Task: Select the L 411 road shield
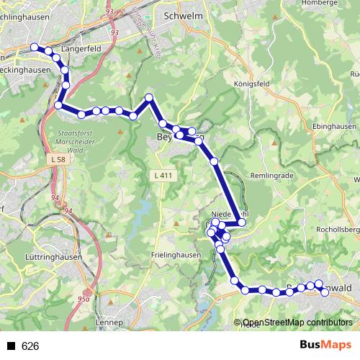[x=163, y=175]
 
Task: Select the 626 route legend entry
[x=30, y=346]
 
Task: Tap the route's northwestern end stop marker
[x=34, y=48]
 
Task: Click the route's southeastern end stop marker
[x=325, y=292]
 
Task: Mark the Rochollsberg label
[x=341, y=230]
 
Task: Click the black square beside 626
[x=11, y=346]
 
